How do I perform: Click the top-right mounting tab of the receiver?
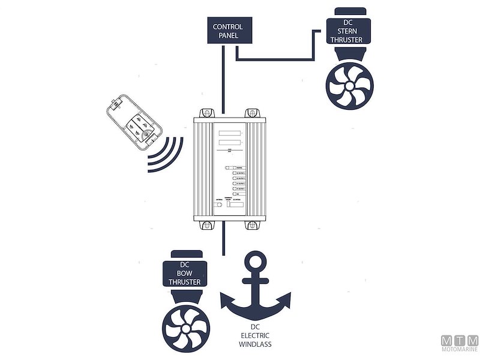pyautogui.click(x=252, y=113)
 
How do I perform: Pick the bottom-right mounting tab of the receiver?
pyautogui.click(x=252, y=226)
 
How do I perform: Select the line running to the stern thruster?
pyautogui.click(x=276, y=59)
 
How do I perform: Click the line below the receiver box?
pyautogui.click(x=223, y=240)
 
